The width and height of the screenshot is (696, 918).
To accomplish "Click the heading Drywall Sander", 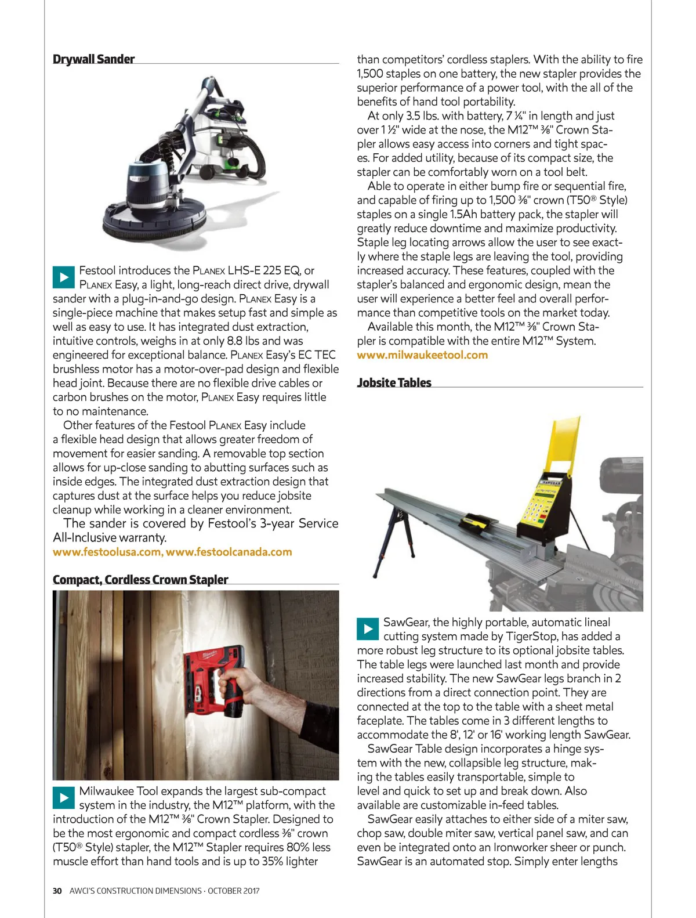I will (x=93, y=59).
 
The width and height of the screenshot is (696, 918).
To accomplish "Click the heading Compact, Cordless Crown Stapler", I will (x=140, y=580).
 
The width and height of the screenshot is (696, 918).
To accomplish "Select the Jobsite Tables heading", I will (x=394, y=382).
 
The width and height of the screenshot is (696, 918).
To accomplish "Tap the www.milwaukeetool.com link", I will (x=422, y=355).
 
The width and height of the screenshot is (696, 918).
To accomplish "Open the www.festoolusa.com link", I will (x=107, y=552).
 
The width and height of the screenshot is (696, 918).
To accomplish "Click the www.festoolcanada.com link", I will (x=229, y=552).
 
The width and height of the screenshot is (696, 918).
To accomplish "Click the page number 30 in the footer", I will (x=57, y=891).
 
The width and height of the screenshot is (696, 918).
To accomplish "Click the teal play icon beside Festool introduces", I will (x=64, y=277).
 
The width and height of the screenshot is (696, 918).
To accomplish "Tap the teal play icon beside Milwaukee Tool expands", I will (x=64, y=798).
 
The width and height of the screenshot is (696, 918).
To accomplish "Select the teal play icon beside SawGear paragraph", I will (x=368, y=629).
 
